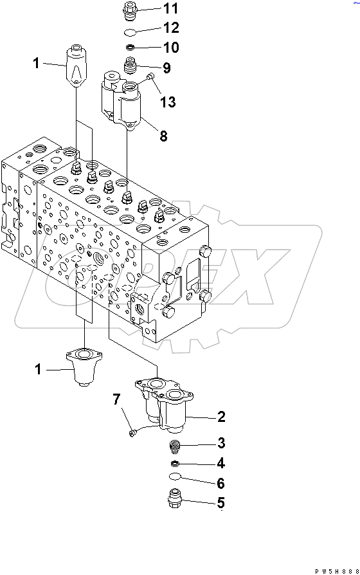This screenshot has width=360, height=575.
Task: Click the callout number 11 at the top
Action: [x=170, y=8]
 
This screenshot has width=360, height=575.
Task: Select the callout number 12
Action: [x=170, y=28]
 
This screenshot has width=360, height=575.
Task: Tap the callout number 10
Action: [x=170, y=48]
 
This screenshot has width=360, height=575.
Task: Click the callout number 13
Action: [x=167, y=102]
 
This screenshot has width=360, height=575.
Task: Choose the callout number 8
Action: [x=163, y=136]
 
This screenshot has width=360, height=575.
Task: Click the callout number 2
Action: [x=221, y=417]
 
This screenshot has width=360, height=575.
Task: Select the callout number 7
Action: [x=116, y=400]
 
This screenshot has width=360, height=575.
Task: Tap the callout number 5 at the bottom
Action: [x=221, y=503]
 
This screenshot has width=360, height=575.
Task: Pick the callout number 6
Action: [x=221, y=483]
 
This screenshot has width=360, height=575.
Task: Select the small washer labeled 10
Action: [x=129, y=48]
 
